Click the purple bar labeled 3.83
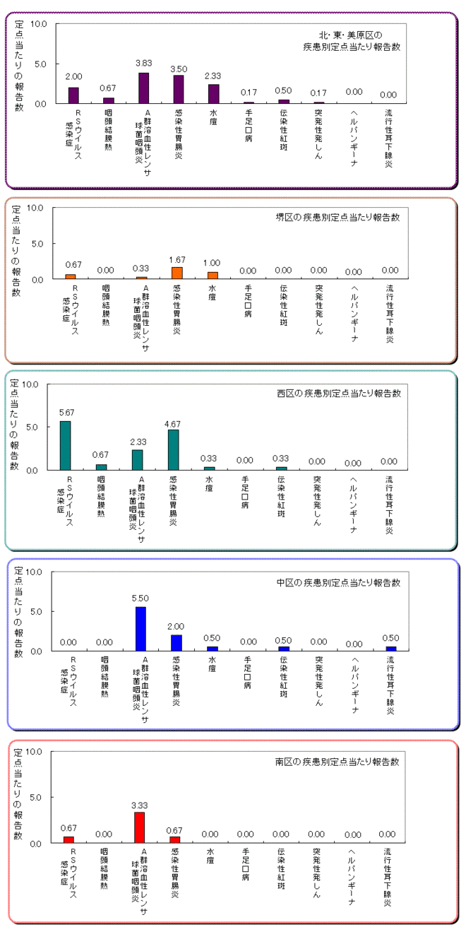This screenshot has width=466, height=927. pyautogui.click(x=143, y=88)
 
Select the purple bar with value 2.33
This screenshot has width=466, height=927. pyautogui.click(x=213, y=94)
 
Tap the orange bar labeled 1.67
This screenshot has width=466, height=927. pyautogui.click(x=177, y=273)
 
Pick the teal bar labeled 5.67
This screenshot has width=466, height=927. pyautogui.click(x=66, y=445)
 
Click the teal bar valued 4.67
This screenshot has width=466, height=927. pyautogui.click(x=174, y=449)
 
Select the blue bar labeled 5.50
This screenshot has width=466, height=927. pyautogui.click(x=141, y=628)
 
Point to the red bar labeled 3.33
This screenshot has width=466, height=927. pyautogui.click(x=139, y=827)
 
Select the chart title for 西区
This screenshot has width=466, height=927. pyautogui.click(x=339, y=393)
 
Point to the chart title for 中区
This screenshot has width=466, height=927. pyautogui.click(x=338, y=583)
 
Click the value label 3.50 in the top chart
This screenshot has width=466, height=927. pyautogui.click(x=179, y=69)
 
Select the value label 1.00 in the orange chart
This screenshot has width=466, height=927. pyautogui.click(x=213, y=263)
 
